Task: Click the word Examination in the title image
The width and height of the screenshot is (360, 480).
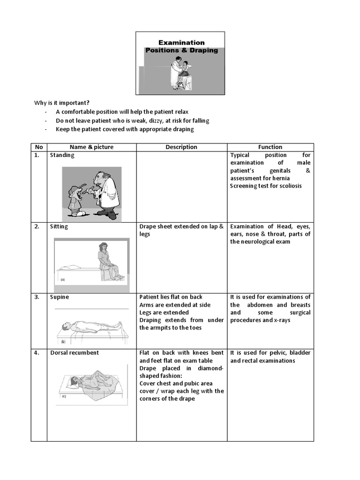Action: pos(181,42)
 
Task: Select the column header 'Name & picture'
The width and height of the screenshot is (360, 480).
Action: pos(91,147)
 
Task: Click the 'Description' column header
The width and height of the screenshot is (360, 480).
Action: pos(181,147)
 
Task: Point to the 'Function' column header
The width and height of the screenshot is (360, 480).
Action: pos(270,147)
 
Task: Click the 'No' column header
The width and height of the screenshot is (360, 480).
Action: pos(38,147)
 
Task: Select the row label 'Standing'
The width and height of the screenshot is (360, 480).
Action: pos(62,155)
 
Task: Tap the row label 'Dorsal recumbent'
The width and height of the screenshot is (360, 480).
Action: pos(75,353)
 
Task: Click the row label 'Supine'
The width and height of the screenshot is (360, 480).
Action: pos(60,297)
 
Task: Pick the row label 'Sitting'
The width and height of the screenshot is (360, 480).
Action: pos(59,227)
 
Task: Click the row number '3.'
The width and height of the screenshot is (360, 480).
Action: pos(37,297)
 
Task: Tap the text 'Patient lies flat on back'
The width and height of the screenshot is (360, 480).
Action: pos(171,297)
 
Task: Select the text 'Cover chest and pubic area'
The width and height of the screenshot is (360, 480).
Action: pos(176,383)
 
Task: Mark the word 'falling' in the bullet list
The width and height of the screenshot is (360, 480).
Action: pos(199,120)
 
